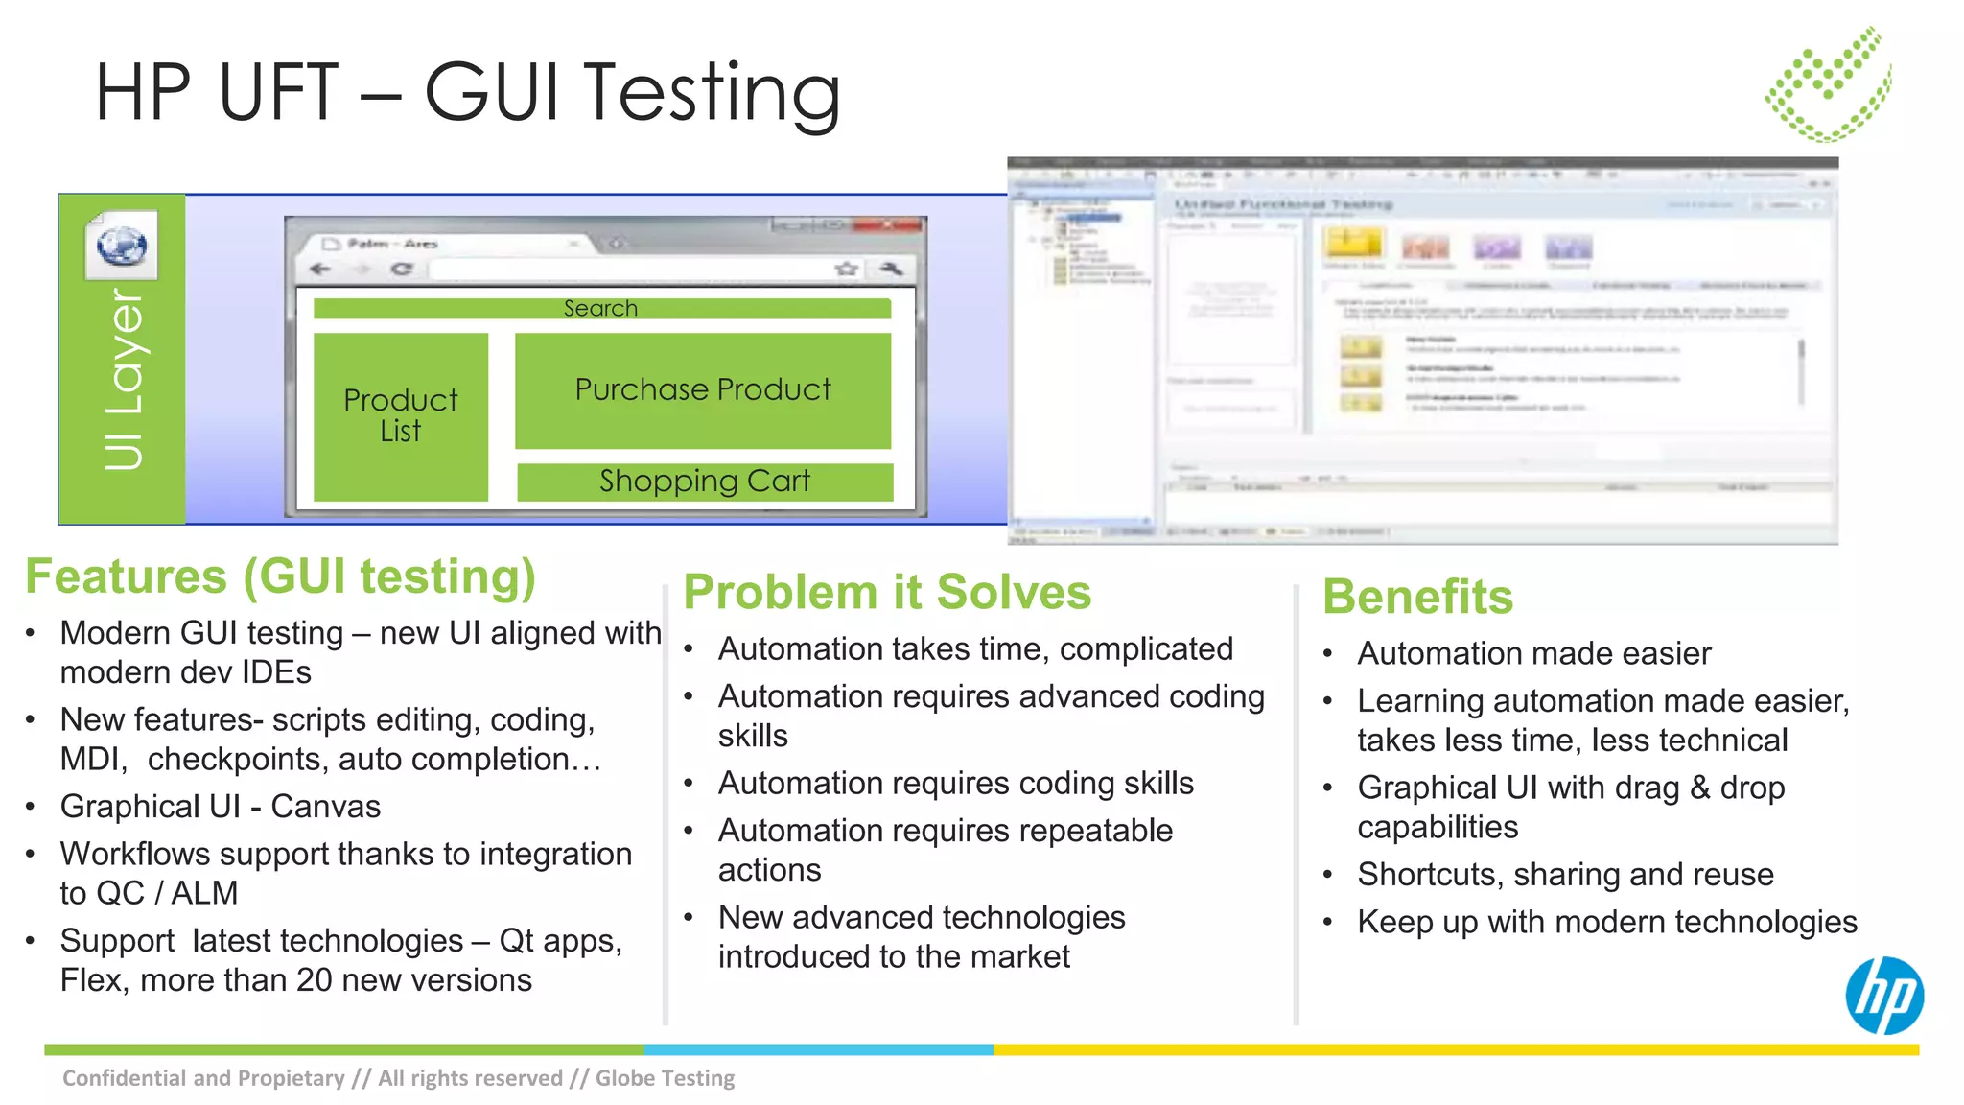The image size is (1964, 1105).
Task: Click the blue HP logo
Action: (x=1883, y=996)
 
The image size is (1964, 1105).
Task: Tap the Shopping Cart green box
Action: (x=705, y=482)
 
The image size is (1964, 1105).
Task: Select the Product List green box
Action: (x=401, y=416)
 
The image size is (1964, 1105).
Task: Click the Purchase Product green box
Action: (x=703, y=390)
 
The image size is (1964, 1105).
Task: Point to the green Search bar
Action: (x=601, y=309)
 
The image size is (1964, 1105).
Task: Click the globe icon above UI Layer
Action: (x=122, y=247)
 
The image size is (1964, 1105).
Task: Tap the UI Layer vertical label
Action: (x=123, y=380)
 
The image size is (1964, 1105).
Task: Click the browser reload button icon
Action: (x=402, y=270)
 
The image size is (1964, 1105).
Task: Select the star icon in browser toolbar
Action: (x=846, y=270)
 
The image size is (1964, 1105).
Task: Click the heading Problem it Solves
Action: (x=887, y=592)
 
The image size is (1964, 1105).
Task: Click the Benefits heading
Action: (x=1417, y=597)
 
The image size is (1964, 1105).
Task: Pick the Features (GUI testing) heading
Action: (x=280, y=576)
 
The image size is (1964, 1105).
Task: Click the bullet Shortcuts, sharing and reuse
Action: (x=1565, y=875)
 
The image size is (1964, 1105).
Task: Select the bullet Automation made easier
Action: (x=1533, y=654)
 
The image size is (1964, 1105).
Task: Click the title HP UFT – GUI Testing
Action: (x=468, y=92)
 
